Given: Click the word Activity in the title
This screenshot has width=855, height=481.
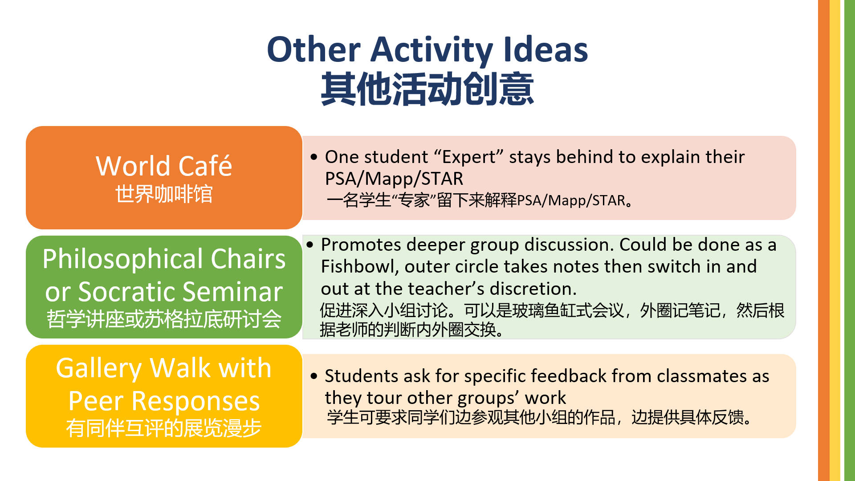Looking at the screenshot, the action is coord(432,50).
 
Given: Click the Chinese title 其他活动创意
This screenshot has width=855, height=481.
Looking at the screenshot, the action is coord(427,89).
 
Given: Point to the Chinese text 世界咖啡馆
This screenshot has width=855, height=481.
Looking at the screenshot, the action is coord(164,194).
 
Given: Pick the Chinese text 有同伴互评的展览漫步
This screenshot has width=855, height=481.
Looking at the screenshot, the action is coord(164,428).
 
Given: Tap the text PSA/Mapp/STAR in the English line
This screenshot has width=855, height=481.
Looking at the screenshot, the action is coord(394,179).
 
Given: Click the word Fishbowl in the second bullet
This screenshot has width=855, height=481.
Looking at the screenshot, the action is coord(359,266).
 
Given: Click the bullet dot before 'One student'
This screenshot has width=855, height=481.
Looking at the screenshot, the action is coord(314,157).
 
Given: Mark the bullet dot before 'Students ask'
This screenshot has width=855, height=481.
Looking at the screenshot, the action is coord(314,376).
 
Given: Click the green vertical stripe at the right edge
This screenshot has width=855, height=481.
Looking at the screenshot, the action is coord(850,240).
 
